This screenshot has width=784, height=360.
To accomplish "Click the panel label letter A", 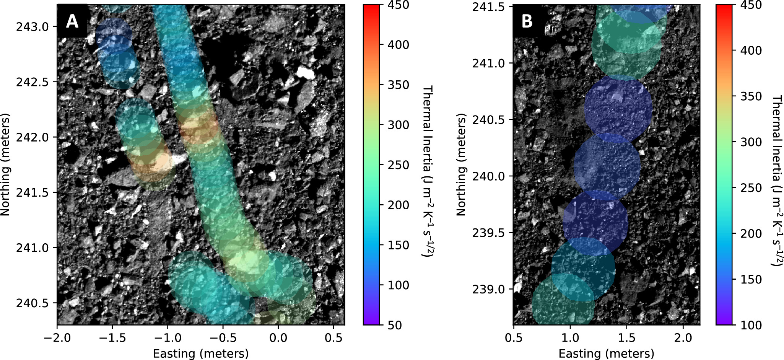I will pyautogui.click(x=72, y=21).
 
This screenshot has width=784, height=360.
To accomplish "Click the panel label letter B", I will pyautogui.click(x=527, y=21).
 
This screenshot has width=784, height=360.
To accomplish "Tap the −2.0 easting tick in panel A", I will pyautogui.click(x=57, y=338).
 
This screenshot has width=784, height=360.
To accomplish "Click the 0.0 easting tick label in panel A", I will pyautogui.click(x=278, y=338).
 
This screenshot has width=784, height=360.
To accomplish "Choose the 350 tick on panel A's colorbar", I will pyautogui.click(x=398, y=85).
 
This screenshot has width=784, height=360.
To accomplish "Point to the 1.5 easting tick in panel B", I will pyautogui.click(x=626, y=338).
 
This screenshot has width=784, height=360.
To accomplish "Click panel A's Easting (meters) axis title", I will pyautogui.click(x=200, y=353).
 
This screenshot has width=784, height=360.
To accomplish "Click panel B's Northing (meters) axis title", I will pyautogui.click(x=461, y=165).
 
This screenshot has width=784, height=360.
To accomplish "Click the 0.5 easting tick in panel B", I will pyautogui.click(x=514, y=338).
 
